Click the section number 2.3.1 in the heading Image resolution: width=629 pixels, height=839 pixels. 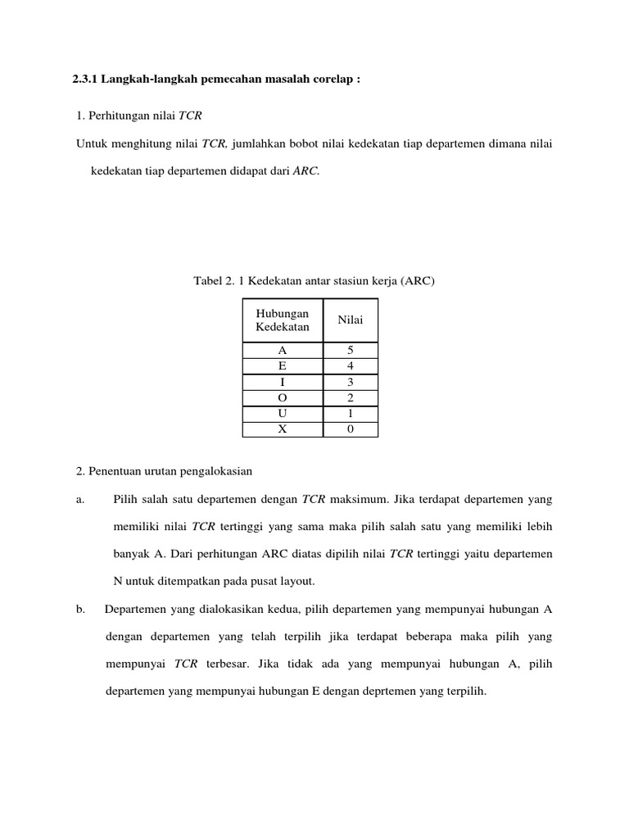pos(85,81)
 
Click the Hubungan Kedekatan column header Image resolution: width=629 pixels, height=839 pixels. pos(283,320)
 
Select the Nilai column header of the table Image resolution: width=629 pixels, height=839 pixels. pos(351,320)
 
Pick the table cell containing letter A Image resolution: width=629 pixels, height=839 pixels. pos(283,351)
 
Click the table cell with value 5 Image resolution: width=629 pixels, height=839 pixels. pos(351,351)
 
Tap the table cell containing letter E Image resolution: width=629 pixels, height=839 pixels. pos(283,366)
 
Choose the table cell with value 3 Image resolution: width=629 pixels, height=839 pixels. pos(351,383)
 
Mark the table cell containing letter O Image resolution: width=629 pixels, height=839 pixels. pos(283,398)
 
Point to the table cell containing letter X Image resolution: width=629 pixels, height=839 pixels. pos(283,429)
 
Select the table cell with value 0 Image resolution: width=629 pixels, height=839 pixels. pos(351,429)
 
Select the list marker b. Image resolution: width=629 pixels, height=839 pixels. pos(79,609)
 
